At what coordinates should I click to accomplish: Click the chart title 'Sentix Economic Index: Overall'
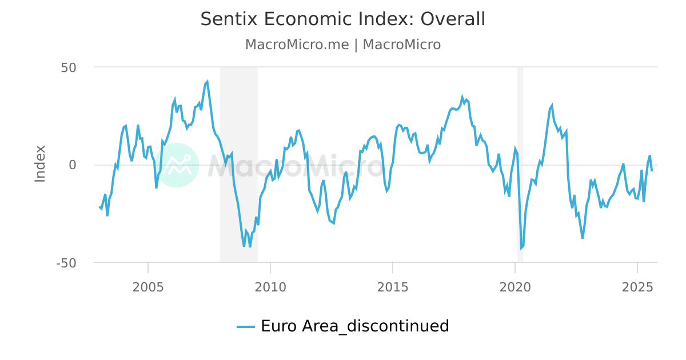pyautogui.click(x=342, y=19)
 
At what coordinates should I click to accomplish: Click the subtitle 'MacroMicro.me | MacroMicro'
pyautogui.click(x=342, y=45)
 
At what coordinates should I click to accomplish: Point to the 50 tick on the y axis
pyautogui.click(x=69, y=67)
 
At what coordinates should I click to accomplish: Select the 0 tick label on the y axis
pyautogui.click(x=73, y=165)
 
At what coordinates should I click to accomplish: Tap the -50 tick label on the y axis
pyautogui.click(x=66, y=263)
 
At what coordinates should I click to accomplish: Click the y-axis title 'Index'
pyautogui.click(x=40, y=164)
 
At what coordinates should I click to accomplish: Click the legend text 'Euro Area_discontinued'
pyautogui.click(x=354, y=326)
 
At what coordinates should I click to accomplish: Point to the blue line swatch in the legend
pyautogui.click(x=246, y=327)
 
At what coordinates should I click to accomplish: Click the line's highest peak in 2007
pyautogui.click(x=207, y=82)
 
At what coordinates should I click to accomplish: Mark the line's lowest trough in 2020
pyautogui.click(x=521, y=249)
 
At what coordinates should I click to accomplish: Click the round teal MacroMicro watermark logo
pyautogui.click(x=177, y=165)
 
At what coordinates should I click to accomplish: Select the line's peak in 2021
pyautogui.click(x=552, y=105)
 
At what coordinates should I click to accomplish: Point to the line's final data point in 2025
pyautogui.click(x=652, y=171)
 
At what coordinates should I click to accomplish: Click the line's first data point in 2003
pyautogui.click(x=99, y=207)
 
